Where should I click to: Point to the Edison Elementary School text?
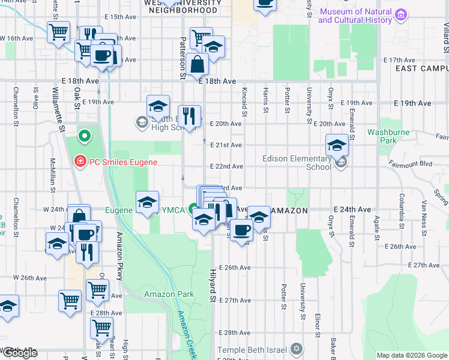point(297,163)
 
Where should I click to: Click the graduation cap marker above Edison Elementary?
point(337,145)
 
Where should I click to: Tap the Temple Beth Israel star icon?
point(296,349)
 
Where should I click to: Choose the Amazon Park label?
point(169,294)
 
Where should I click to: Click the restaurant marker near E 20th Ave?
point(190,116)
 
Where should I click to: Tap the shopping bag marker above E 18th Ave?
point(196,64)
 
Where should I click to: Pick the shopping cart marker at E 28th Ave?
point(101,328)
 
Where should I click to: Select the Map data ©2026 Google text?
point(412,355)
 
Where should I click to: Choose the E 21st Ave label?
point(226,145)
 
